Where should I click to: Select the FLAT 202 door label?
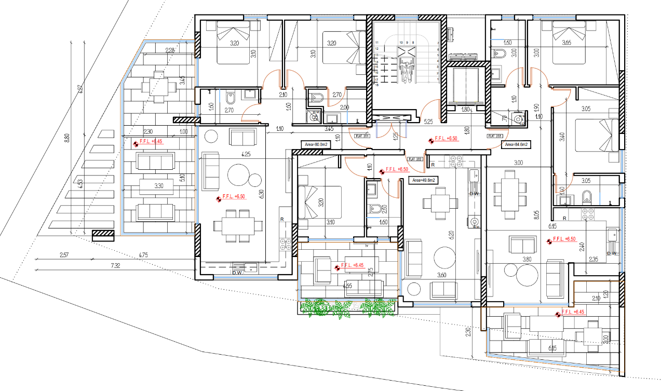click(x=414, y=159)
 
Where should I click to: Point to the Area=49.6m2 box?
click(x=424, y=180)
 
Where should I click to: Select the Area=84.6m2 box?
click(x=515, y=145)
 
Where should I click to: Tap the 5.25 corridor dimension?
click(x=428, y=122)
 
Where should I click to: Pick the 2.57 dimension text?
click(x=64, y=254)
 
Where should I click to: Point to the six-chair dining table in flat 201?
click(x=234, y=226)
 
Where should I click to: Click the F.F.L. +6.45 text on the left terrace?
click(x=151, y=141)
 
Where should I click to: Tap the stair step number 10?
click(x=401, y=43)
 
